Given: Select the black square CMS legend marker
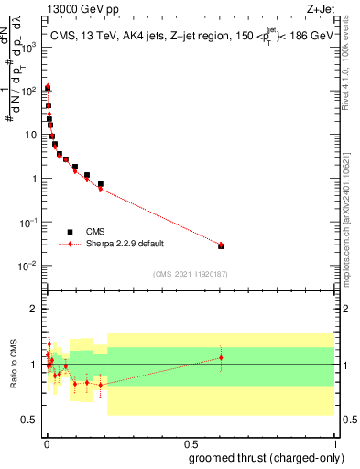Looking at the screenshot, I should pos(70,232).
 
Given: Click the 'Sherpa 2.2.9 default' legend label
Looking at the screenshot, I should pos(125,244).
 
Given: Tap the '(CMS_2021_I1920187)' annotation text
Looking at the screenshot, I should pos(190,273).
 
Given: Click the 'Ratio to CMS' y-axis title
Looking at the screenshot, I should pos(16,364).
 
